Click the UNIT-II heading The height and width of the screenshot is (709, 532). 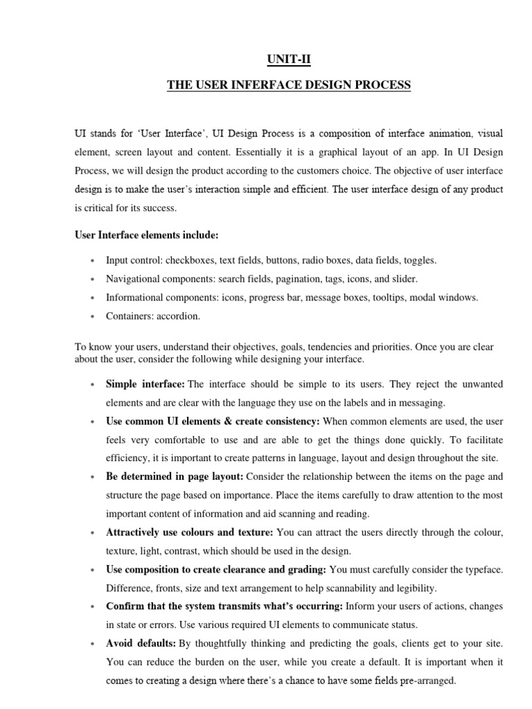point(289,60)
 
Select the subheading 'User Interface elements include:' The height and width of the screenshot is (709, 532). point(146,235)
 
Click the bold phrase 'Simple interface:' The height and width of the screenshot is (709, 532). point(145,384)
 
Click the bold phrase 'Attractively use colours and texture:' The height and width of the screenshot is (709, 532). point(190,532)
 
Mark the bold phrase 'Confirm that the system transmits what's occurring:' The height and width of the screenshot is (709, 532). point(224,607)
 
